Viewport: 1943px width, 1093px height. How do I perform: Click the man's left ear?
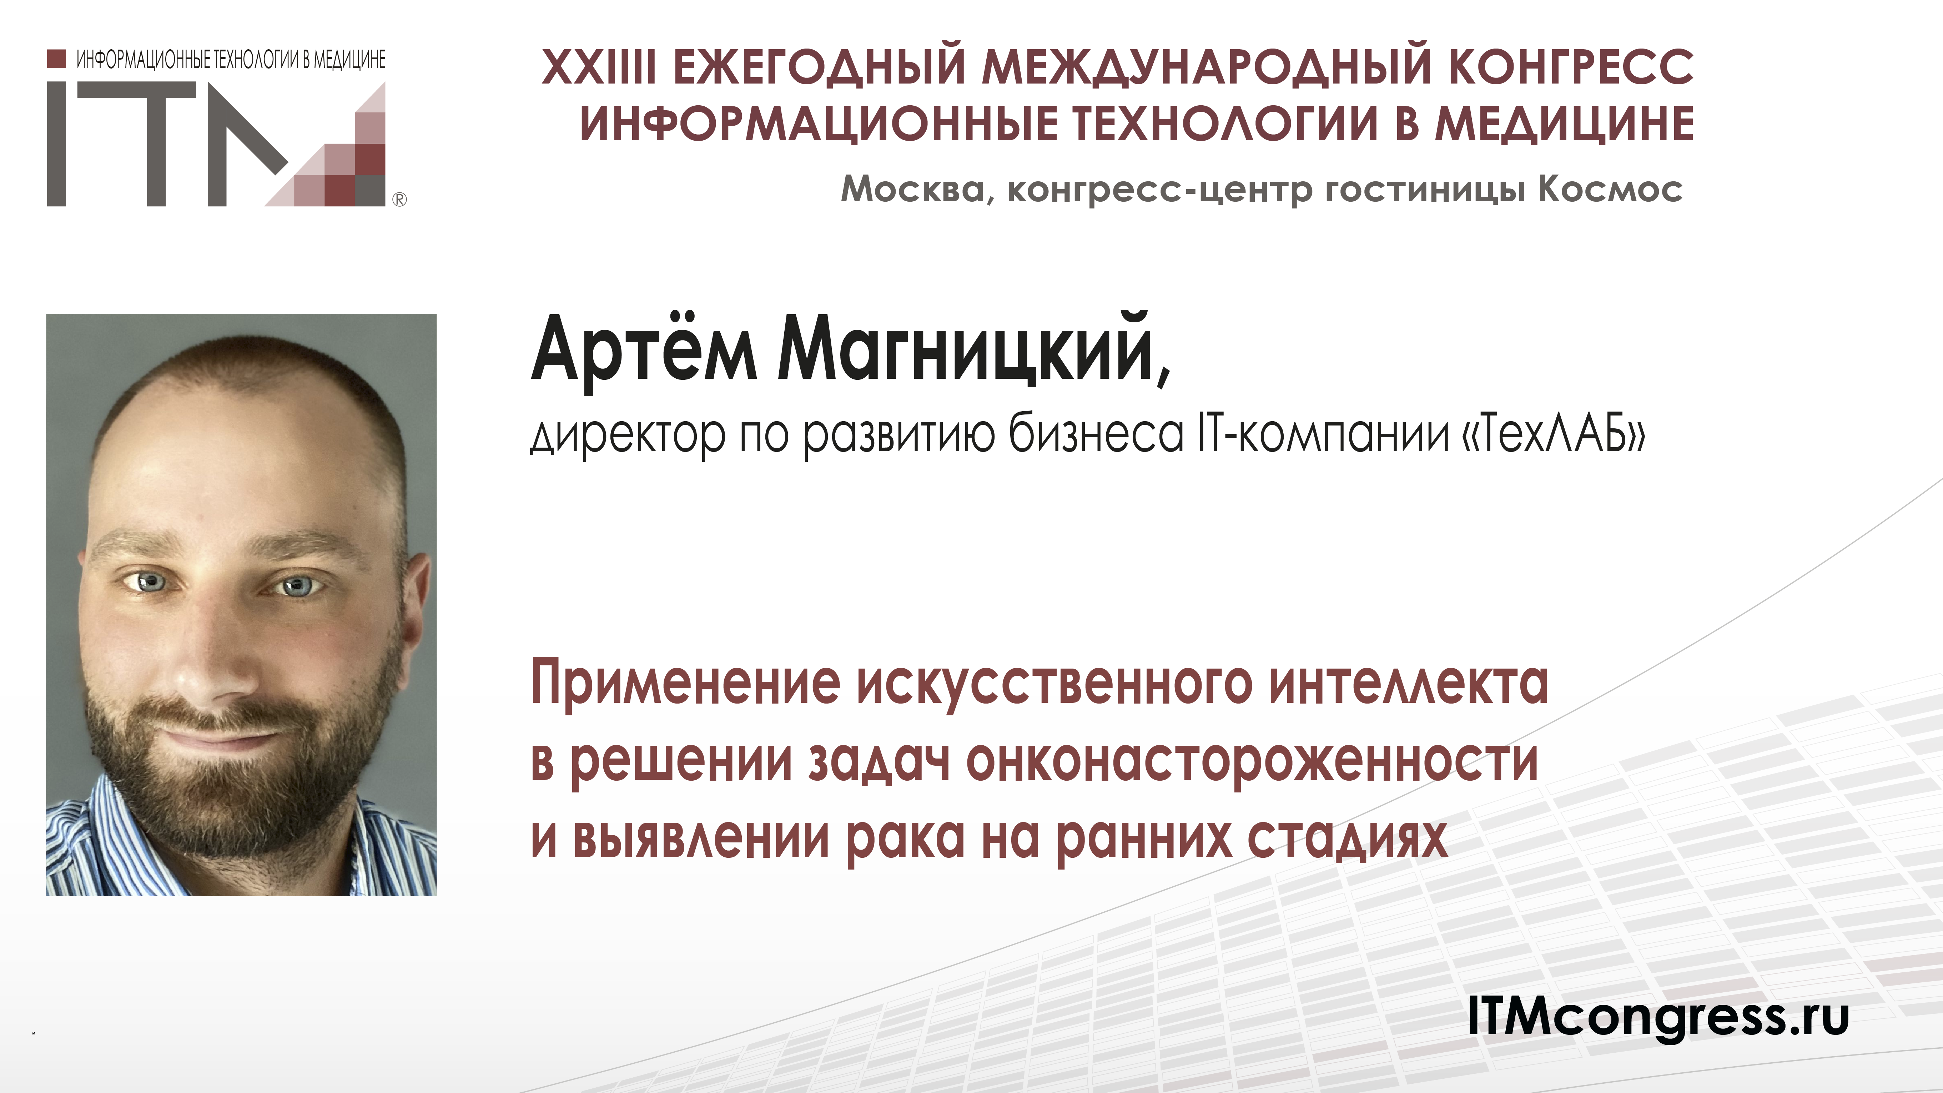(x=413, y=596)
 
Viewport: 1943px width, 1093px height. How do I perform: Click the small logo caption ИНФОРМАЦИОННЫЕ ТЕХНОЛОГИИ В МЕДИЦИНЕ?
(x=231, y=60)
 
